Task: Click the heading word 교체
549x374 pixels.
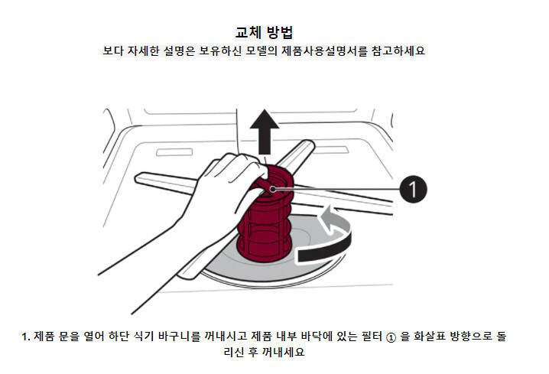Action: (249, 32)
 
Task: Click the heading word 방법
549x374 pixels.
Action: (279, 32)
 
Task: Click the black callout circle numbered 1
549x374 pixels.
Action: (413, 189)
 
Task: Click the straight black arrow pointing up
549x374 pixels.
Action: (265, 132)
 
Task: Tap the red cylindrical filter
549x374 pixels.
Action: (265, 214)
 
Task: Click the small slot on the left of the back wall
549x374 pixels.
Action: (174, 152)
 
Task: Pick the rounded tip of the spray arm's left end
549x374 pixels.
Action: (139, 177)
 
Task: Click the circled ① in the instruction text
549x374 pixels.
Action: (391, 337)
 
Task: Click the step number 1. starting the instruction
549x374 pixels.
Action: (26, 337)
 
